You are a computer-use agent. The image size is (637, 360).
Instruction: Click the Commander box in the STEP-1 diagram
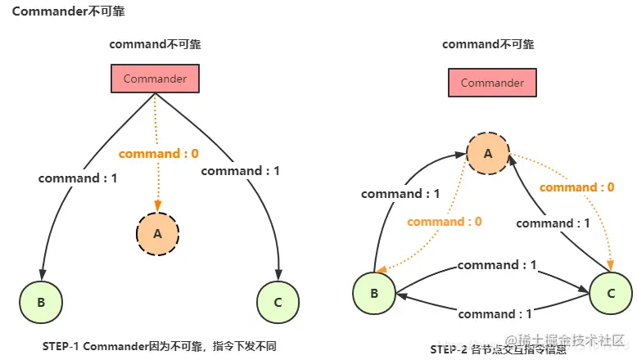pos(155,79)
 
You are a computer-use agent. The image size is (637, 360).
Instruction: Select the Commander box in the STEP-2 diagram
pos(492,83)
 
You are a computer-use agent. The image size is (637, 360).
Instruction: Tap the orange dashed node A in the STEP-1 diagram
pos(158,233)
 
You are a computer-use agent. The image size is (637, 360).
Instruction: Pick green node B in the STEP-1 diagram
pos(41,302)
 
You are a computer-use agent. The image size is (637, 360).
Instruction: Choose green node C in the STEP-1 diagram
pos(278,302)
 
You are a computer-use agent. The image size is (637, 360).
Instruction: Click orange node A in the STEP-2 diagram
pos(488,153)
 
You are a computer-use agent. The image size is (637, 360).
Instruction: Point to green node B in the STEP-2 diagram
pos(374,294)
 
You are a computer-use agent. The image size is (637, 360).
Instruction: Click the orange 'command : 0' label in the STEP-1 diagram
pos(158,153)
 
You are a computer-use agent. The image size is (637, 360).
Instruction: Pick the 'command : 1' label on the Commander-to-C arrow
pos(240,170)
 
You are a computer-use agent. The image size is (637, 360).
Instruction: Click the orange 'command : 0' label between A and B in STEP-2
pos(445,221)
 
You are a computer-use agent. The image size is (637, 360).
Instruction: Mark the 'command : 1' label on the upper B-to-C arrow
pos(497,265)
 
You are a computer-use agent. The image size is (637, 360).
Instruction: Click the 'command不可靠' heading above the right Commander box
pos(488,44)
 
